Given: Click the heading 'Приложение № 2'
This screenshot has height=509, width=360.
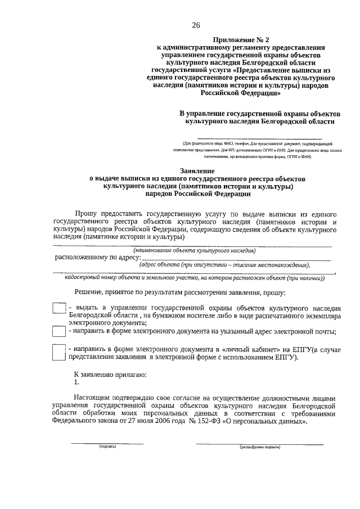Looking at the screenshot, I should pos(240,39).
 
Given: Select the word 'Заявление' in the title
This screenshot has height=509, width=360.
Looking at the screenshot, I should pos(197,170).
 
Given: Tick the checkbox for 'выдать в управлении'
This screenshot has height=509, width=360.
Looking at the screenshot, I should pos(58,309).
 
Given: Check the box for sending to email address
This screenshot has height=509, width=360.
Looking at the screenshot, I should pos(58,332).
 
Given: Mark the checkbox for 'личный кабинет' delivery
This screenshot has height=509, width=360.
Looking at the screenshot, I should pos(58,352).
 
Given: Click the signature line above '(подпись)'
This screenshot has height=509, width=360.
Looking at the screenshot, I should pos(107,443).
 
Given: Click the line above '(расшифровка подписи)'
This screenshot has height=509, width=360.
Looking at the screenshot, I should pos(259,443).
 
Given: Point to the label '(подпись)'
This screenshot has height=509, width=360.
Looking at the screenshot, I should pos(107,448).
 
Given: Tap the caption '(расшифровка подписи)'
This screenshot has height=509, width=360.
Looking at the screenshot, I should pos(259,448).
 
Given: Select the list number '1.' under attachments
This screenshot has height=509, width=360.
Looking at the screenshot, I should pos(78,382).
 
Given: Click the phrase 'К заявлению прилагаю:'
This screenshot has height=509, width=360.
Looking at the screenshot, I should pos(111,374).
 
